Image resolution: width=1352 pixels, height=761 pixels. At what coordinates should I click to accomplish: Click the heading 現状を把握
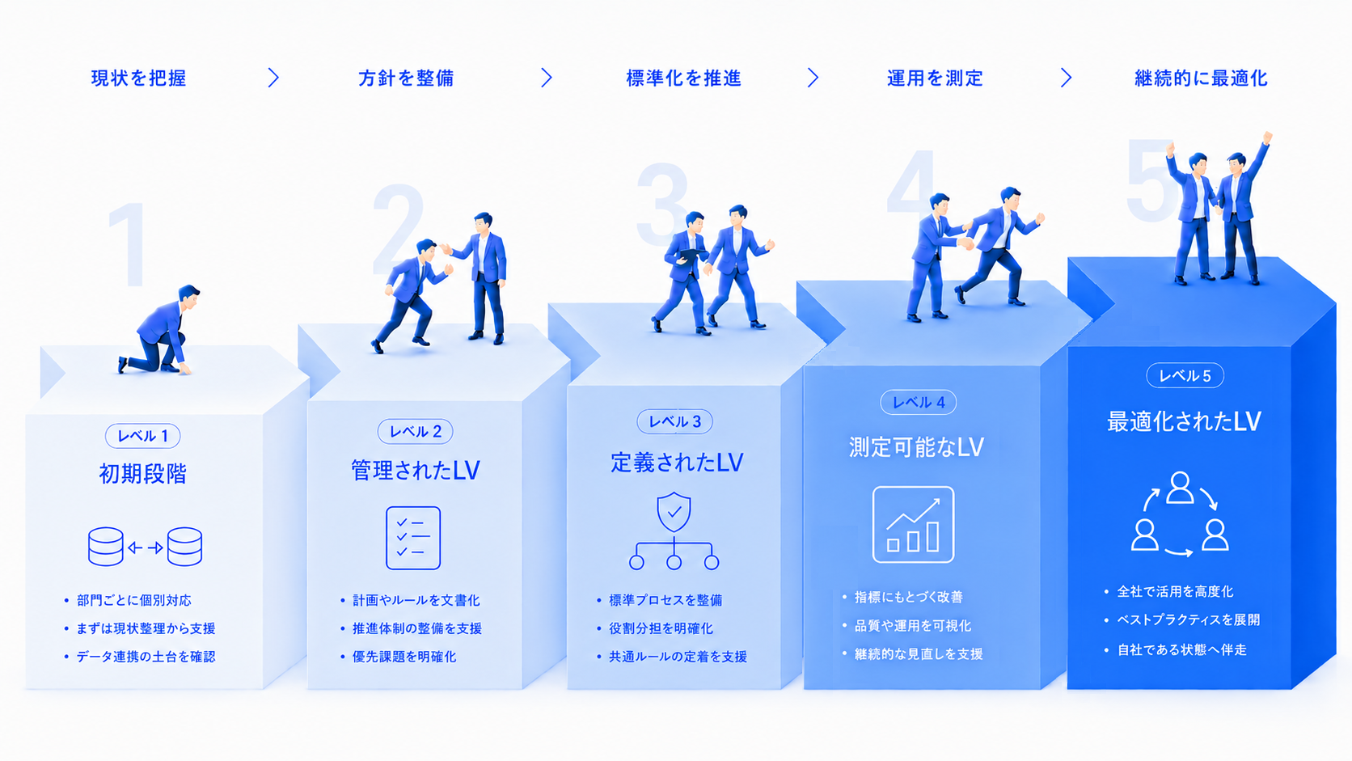pyautogui.click(x=138, y=78)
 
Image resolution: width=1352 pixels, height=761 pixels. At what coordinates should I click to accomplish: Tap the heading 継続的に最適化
pyautogui.click(x=1201, y=78)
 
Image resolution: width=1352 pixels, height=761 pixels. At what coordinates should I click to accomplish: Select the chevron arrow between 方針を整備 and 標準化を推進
pyautogui.click(x=547, y=78)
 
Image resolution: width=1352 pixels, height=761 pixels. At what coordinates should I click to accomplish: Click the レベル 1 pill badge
pyautogui.click(x=142, y=436)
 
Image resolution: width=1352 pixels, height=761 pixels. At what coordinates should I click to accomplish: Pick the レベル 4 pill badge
pyautogui.click(x=918, y=403)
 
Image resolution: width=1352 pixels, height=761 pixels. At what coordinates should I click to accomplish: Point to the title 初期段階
pyautogui.click(x=142, y=474)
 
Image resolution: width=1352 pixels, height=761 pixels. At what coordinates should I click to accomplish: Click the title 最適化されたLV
pyautogui.click(x=1184, y=421)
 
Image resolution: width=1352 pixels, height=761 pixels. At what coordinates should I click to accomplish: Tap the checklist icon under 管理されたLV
pyautogui.click(x=413, y=538)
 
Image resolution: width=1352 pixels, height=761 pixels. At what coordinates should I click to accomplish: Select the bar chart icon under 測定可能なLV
pyautogui.click(x=913, y=524)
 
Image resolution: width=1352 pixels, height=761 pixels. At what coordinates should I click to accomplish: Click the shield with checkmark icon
pyautogui.click(x=674, y=512)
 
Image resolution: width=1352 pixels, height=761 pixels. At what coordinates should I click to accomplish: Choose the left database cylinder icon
pyautogui.click(x=106, y=546)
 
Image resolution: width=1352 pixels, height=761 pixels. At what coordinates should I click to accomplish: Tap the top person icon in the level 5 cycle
pyautogui.click(x=1180, y=488)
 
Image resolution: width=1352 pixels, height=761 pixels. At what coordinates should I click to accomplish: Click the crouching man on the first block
pyautogui.click(x=161, y=331)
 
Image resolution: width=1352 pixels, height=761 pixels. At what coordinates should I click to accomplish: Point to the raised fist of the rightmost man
pyautogui.click(x=1268, y=137)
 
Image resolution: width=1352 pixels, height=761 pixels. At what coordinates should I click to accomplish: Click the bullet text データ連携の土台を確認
pyautogui.click(x=146, y=657)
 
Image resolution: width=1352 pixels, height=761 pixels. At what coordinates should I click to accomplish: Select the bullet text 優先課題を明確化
pyautogui.click(x=404, y=657)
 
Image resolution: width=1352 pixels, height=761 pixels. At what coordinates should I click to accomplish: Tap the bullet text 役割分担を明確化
pyautogui.click(x=661, y=628)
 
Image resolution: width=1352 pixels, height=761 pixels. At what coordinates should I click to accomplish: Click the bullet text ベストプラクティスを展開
pyautogui.click(x=1189, y=619)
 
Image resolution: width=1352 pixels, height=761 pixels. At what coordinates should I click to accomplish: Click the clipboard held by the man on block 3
pyautogui.click(x=691, y=254)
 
